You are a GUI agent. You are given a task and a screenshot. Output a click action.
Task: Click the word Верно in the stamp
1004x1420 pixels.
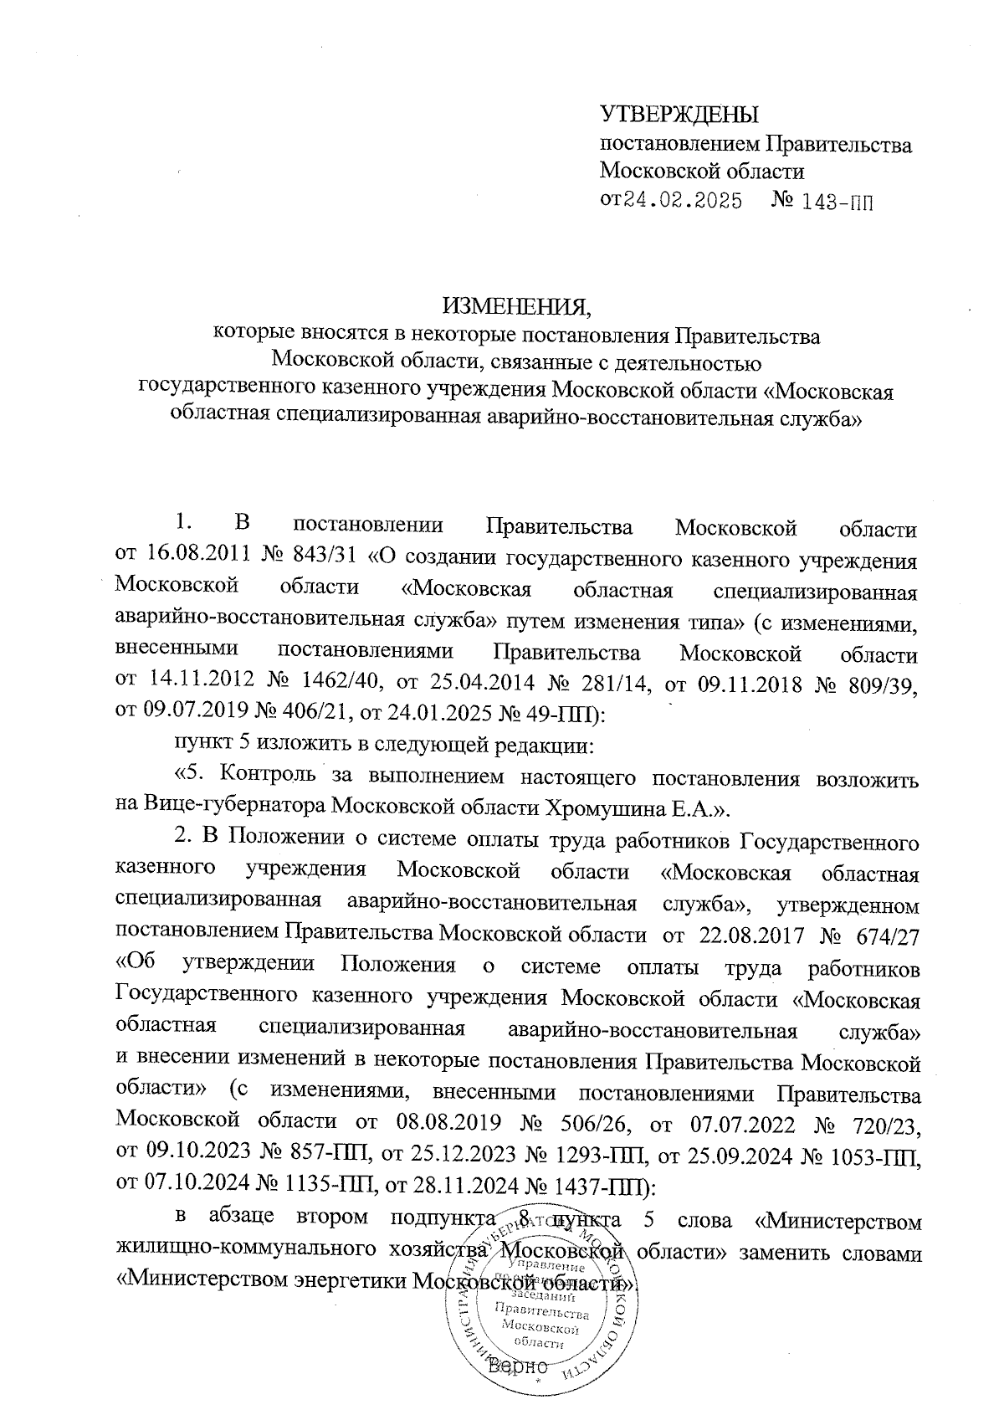click(x=516, y=1366)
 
